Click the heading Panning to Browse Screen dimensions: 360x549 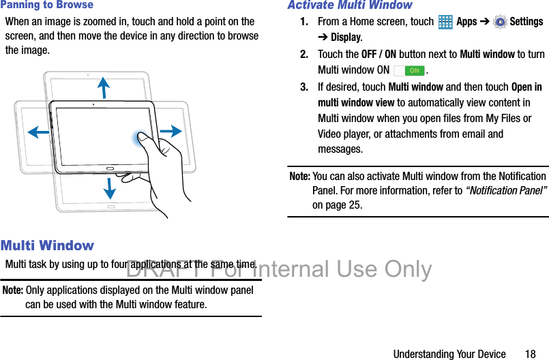click(x=47, y=5)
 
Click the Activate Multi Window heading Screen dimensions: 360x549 click(x=350, y=5)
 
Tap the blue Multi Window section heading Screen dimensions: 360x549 click(x=48, y=245)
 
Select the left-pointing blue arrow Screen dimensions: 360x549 click(x=39, y=132)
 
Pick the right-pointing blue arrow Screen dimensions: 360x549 click(x=171, y=132)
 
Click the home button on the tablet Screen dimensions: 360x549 click(x=110, y=167)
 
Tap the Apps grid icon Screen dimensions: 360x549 click(x=445, y=22)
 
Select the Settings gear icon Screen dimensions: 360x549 click(x=500, y=22)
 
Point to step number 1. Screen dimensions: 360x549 click(x=304, y=22)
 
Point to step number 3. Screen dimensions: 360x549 click(x=304, y=87)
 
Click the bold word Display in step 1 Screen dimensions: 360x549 click(x=346, y=37)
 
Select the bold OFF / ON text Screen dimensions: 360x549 click(x=379, y=55)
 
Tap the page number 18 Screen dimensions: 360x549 click(x=531, y=354)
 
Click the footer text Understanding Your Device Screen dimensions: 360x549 click(x=449, y=354)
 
